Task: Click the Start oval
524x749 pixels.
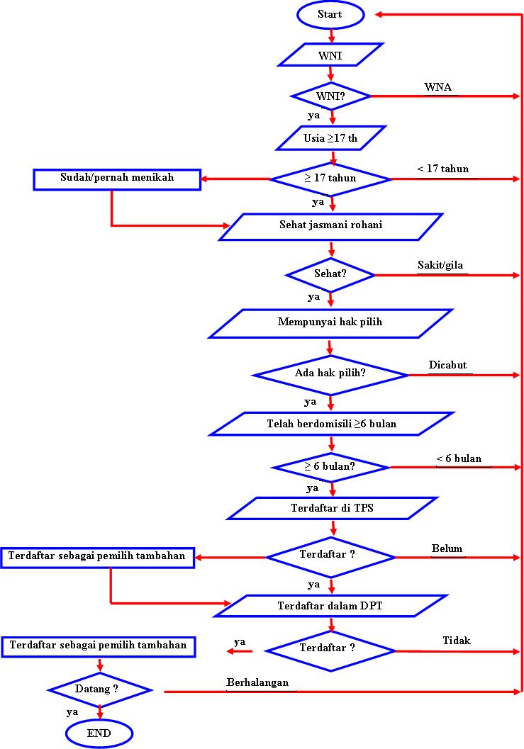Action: [330, 14]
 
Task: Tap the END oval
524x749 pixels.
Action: [99, 733]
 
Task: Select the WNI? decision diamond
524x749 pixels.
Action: [331, 95]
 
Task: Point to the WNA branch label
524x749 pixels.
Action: [437, 87]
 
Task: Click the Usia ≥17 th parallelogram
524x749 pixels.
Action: [331, 137]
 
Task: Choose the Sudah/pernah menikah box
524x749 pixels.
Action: [116, 179]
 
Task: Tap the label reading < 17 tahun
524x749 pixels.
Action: [442, 169]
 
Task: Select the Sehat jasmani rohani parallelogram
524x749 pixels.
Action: [331, 226]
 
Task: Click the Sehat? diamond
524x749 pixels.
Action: [330, 274]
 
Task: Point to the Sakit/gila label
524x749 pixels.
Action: [442, 266]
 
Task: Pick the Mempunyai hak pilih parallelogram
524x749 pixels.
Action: [330, 322]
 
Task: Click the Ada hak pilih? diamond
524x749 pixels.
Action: [330, 373]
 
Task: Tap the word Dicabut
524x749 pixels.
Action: [447, 365]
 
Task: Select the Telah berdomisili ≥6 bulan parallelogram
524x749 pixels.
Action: [331, 424]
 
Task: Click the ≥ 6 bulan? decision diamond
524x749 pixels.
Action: [330, 467]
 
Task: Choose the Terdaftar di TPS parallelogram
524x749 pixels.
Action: [331, 508]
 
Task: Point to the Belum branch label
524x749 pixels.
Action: [447, 548]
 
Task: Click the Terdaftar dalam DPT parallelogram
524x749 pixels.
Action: [330, 606]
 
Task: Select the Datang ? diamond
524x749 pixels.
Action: [99, 689]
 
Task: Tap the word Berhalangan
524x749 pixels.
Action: [258, 682]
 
